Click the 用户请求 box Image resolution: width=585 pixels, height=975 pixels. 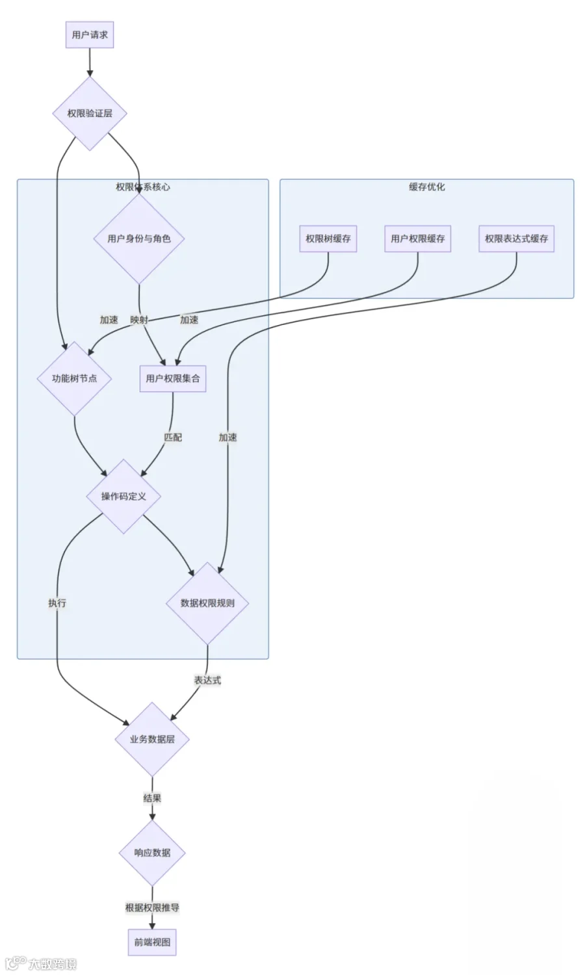tap(90, 35)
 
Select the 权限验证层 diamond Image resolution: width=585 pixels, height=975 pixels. tap(90, 114)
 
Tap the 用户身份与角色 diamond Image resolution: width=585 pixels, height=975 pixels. tap(139, 239)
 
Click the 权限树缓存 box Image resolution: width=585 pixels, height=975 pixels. tap(328, 239)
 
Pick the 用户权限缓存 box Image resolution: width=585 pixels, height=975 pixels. tap(418, 239)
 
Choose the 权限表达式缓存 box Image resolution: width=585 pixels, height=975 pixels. tap(517, 239)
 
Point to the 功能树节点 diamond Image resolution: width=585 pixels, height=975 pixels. tap(75, 379)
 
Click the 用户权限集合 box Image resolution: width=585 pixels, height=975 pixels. tap(173, 379)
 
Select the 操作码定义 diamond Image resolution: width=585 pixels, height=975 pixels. tap(123, 496)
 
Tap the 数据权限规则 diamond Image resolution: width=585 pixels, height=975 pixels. tap(207, 603)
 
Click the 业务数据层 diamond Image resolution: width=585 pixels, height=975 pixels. tap(152, 739)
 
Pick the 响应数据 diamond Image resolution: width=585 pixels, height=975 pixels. tap(152, 853)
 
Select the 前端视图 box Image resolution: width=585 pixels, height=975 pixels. tap(152, 942)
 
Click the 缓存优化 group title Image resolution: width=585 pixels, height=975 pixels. tap(427, 187)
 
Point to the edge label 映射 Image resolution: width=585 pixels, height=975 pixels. tap(139, 320)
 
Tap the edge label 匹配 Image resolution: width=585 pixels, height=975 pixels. tap(173, 437)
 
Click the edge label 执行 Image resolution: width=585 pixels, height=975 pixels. tap(57, 603)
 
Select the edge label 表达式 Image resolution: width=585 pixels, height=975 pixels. tap(207, 681)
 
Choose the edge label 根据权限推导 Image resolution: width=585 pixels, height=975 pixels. tap(152, 908)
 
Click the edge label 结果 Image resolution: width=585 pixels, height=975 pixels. tap(152, 798)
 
